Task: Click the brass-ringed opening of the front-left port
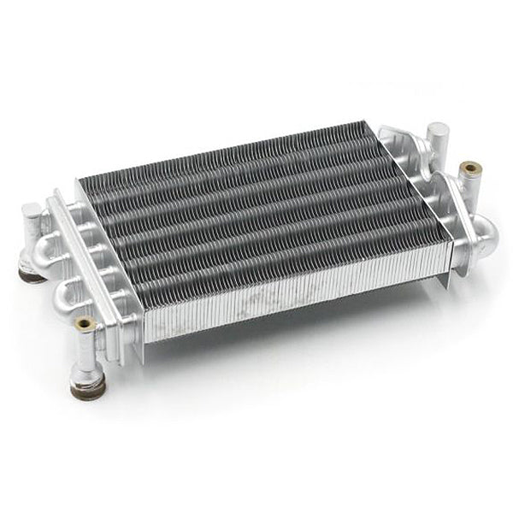point(85,323)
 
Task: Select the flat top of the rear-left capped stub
point(31,208)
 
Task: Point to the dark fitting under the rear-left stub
point(32,276)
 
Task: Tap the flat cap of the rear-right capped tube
point(438,129)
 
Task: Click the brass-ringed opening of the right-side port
point(469,168)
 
